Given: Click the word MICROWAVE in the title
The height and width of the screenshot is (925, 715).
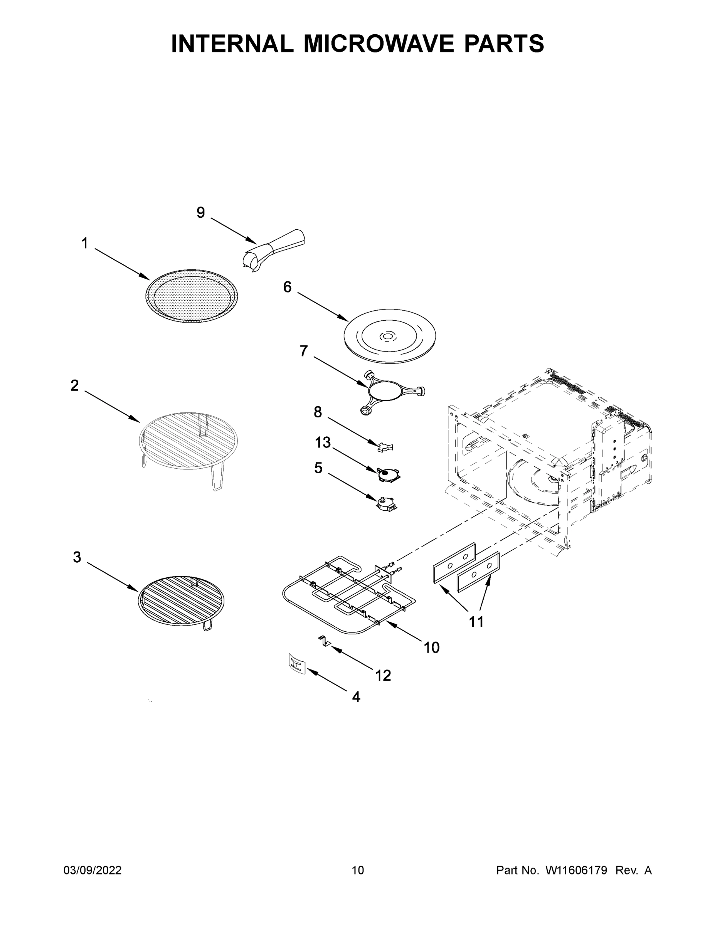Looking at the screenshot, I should tap(380, 44).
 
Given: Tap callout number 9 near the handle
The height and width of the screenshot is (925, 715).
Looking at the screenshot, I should tap(201, 213).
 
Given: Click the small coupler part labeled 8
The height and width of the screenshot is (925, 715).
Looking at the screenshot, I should tap(385, 446).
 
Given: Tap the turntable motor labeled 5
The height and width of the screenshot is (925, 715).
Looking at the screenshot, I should tap(386, 503).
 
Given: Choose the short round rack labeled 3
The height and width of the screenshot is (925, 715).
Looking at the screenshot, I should tap(181, 600).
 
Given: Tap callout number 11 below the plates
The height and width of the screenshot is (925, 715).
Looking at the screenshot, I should tap(476, 622).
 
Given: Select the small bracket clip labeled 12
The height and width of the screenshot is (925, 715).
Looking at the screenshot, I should tap(325, 641).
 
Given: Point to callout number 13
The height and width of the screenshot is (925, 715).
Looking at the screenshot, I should tap(322, 442).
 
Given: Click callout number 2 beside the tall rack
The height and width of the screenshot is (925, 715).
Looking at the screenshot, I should tap(74, 385).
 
